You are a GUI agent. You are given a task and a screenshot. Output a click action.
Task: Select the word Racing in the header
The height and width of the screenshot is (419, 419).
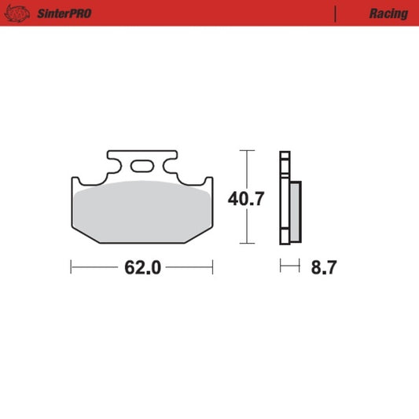[388, 13]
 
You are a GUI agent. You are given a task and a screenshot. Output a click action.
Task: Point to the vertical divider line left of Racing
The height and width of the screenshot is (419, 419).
[336, 13]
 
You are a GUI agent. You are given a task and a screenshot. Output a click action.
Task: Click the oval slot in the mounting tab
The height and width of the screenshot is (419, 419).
[142, 167]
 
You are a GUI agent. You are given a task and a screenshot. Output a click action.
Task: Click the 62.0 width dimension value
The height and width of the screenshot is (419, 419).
[142, 268]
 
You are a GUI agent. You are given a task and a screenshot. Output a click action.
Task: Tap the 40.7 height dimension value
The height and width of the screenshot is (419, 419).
[246, 198]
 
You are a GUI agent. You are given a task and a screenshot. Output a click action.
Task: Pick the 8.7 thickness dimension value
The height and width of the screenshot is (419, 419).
[323, 268]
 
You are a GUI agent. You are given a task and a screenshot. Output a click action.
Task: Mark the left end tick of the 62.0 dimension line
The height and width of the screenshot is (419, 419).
[71, 268]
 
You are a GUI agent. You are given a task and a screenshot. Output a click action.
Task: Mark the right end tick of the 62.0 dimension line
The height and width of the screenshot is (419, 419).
[212, 268]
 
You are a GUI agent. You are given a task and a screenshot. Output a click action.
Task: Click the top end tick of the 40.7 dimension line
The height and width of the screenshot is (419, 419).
[248, 150]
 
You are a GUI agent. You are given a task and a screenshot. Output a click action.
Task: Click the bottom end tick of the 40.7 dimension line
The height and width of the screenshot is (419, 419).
[248, 244]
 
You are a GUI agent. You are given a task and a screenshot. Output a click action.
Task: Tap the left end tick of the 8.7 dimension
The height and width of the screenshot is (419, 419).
[281, 268]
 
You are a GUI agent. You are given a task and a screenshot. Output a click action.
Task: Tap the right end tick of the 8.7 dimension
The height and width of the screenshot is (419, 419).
[300, 268]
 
